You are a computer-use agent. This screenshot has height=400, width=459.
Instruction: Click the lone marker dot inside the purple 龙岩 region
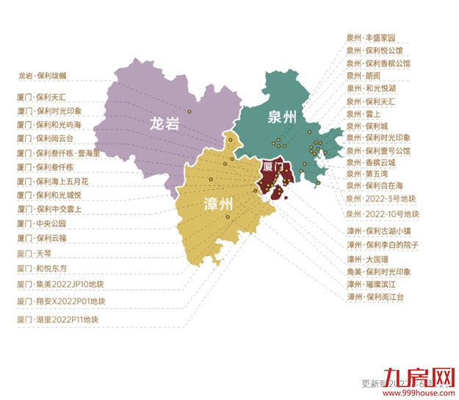pyautogui.click(x=189, y=112)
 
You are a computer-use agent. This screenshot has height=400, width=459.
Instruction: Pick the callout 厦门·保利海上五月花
pyautogui.click(x=51, y=181)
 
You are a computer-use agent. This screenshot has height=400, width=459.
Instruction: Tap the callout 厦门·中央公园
pyautogui.click(x=41, y=223)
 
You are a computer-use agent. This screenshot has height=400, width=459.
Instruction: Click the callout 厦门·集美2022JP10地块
pyautogui.click(x=57, y=283)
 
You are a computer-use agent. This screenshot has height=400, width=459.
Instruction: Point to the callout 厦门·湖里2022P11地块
pyautogui.click(x=57, y=320)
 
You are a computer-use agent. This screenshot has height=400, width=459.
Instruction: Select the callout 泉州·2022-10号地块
pyautogui.click(x=382, y=214)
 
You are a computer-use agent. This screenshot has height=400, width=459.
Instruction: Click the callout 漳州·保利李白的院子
pyautogui.click(x=381, y=244)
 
